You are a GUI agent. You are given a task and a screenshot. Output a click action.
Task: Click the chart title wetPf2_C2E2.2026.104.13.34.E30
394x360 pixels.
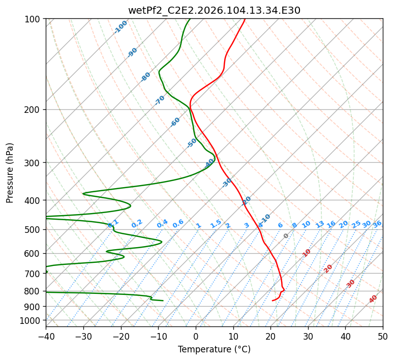(x=214, y=10)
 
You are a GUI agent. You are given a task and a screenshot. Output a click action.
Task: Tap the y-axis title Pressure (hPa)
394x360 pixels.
(x=10, y=173)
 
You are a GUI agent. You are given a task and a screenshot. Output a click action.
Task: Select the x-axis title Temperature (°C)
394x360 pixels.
(x=214, y=349)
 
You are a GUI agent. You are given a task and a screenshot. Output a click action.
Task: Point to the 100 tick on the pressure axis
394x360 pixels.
(x=34, y=19)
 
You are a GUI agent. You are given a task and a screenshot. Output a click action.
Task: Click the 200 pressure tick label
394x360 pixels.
(x=34, y=110)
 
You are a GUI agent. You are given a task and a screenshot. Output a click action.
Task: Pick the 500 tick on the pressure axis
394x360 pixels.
(x=34, y=230)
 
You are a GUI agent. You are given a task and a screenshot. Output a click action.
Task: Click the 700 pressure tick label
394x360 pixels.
(x=34, y=274)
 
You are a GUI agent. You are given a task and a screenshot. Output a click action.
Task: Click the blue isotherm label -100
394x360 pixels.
(x=121, y=26)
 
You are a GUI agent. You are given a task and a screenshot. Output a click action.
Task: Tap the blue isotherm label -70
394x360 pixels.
(x=160, y=100)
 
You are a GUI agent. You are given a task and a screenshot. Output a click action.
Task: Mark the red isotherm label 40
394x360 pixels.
(x=373, y=299)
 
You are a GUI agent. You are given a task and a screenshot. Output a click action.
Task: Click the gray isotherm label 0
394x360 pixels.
(x=286, y=236)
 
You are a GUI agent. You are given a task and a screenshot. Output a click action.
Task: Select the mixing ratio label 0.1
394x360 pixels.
(x=113, y=223)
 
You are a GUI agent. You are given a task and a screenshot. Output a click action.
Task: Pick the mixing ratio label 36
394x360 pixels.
(x=377, y=224)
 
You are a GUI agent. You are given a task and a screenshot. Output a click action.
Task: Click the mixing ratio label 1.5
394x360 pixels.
(x=216, y=223)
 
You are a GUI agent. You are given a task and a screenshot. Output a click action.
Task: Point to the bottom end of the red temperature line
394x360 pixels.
(x=272, y=301)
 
